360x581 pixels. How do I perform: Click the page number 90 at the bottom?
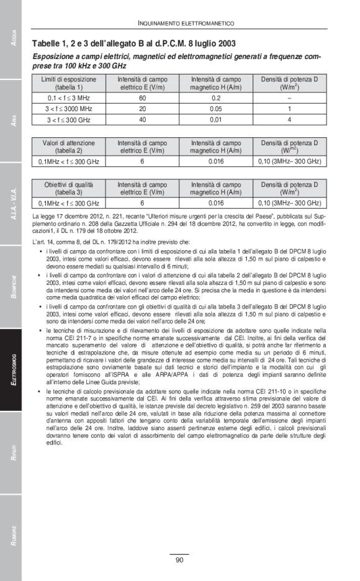pos(179,560)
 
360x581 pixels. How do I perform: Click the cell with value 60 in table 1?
pos(142,98)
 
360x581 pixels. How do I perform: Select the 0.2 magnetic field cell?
pos(216,98)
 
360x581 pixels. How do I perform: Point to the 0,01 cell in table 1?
pos(216,119)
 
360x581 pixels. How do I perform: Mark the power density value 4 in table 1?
pos(289,119)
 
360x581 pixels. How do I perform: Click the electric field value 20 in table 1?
pos(142,109)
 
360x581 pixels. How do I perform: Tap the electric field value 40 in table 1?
pos(142,119)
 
